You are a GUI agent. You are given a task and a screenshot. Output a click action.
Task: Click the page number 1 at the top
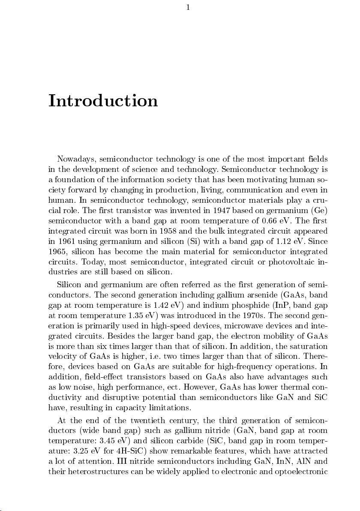click(188, 7)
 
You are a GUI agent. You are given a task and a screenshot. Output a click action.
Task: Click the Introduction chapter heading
click(103, 101)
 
